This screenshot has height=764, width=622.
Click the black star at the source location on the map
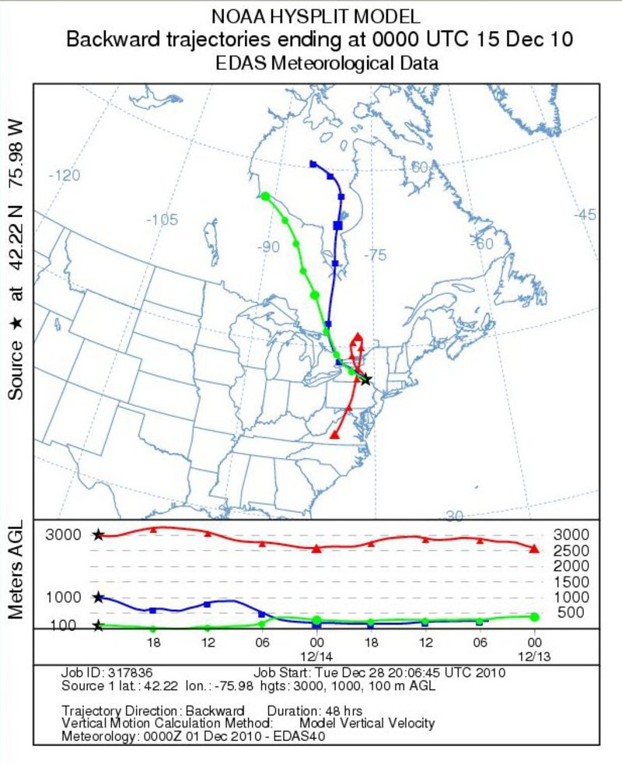pos(366,380)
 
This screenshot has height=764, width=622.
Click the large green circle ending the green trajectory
pos(265,196)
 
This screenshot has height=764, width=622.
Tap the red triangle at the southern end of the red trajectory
pos(334,435)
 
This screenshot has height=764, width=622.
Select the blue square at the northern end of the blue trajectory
pos(313,163)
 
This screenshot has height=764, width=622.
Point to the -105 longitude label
pos(162,219)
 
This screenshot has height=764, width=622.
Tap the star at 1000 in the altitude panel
pos(98,598)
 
